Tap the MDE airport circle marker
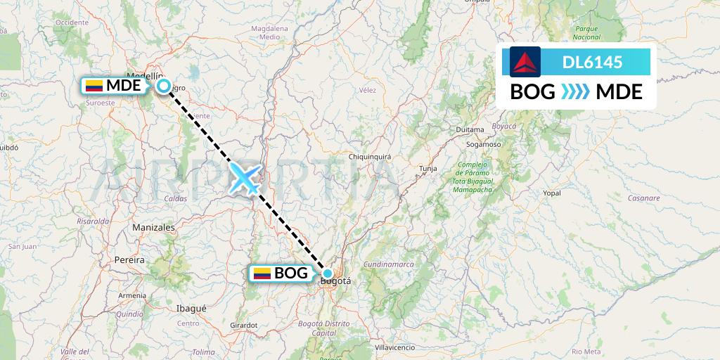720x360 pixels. [x=164, y=86]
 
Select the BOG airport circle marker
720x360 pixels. [x=328, y=274]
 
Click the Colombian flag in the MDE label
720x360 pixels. [x=94, y=86]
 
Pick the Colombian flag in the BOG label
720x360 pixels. [x=262, y=274]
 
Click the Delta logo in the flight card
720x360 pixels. [x=525, y=62]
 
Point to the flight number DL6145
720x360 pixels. [x=592, y=63]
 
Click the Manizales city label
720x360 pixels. [x=153, y=228]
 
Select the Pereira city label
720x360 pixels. [x=129, y=259]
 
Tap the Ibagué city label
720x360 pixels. [x=191, y=308]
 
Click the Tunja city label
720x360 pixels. [x=427, y=169]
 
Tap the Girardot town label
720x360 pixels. [x=243, y=325]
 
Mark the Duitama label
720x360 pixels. [x=470, y=130]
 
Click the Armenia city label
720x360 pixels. [x=132, y=295]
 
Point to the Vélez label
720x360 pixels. [x=368, y=90]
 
